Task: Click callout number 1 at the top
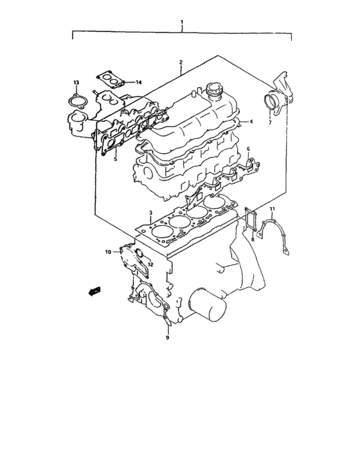pos(182,22)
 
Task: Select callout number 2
pos(181,62)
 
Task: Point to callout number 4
pos(251,122)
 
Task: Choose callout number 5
pos(114,159)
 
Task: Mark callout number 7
pos(270,122)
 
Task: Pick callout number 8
pos(253,239)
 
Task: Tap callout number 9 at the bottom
pos(167,337)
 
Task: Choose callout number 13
pos(76,83)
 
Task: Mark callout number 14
pos(138,82)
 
